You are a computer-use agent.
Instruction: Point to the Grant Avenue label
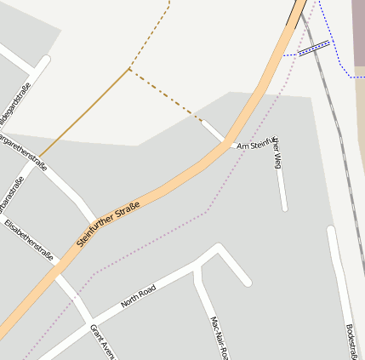(x=101, y=341)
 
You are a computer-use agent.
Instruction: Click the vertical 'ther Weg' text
(x=277, y=153)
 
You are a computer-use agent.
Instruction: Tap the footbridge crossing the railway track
(x=313, y=49)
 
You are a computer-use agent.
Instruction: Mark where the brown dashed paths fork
(x=128, y=69)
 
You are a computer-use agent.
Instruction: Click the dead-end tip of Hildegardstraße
(x=46, y=60)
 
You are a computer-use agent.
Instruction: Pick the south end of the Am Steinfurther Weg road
(x=284, y=208)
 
